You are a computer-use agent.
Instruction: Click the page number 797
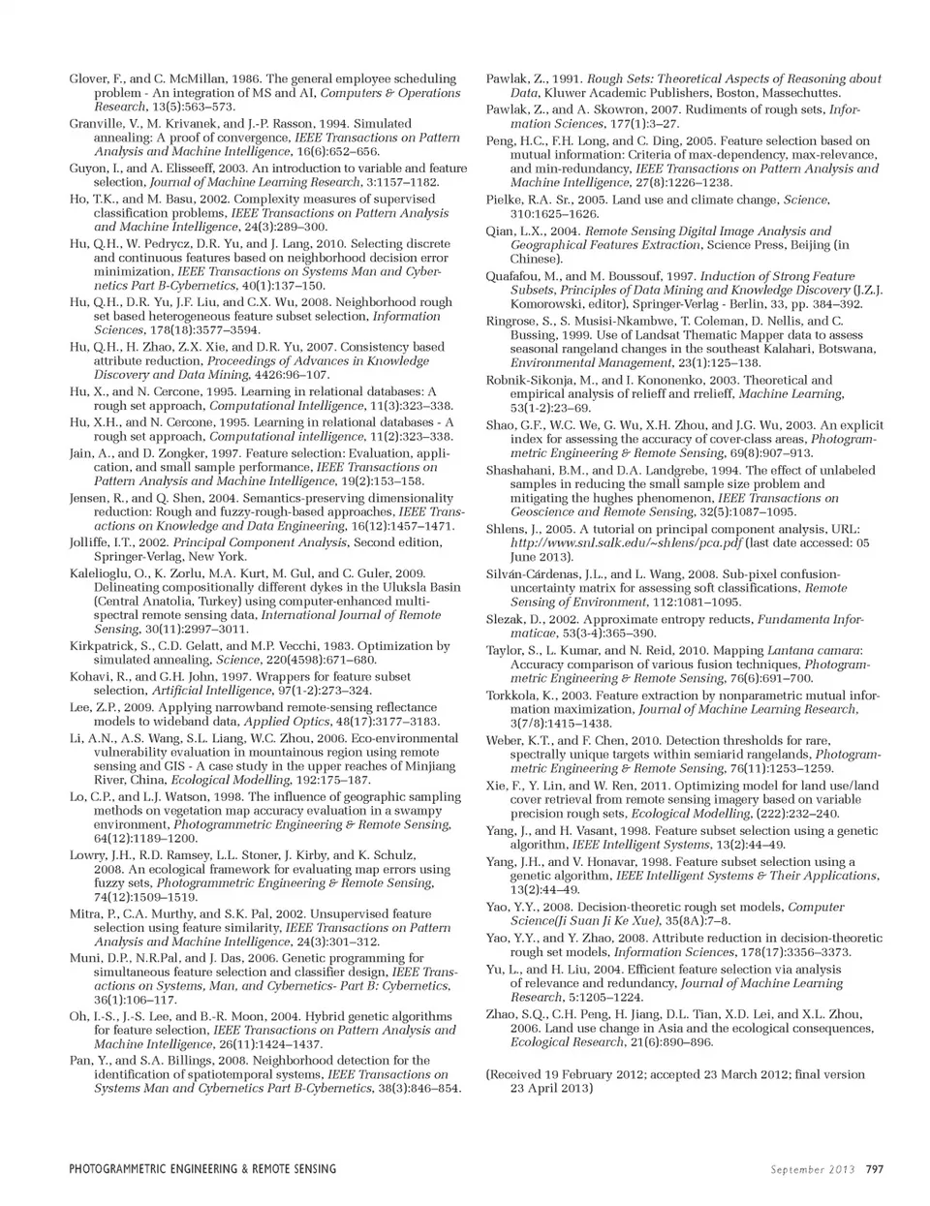click(x=874, y=1169)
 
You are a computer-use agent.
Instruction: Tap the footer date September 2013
click(x=813, y=1169)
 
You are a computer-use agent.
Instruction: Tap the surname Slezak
click(x=506, y=619)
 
